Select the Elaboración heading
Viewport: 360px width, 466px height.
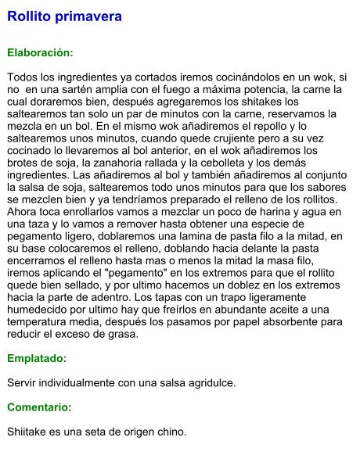click(40, 52)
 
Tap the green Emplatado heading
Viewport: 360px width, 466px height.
click(37, 358)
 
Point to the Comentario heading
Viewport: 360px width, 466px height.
click(39, 407)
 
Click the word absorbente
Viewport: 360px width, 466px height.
click(286, 321)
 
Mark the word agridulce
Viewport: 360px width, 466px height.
click(207, 383)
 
